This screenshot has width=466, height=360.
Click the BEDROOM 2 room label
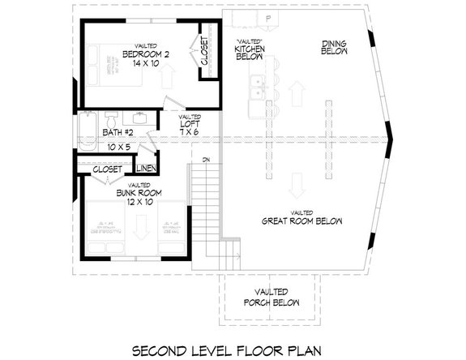147,54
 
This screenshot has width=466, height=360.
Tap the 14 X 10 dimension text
147,64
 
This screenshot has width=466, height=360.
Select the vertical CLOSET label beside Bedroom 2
204,52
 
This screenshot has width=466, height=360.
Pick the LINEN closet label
146,169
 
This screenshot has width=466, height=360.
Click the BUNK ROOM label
139,193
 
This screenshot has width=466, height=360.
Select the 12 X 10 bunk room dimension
139,203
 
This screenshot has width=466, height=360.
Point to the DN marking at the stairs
207,159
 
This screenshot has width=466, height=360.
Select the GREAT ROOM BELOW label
301,221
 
